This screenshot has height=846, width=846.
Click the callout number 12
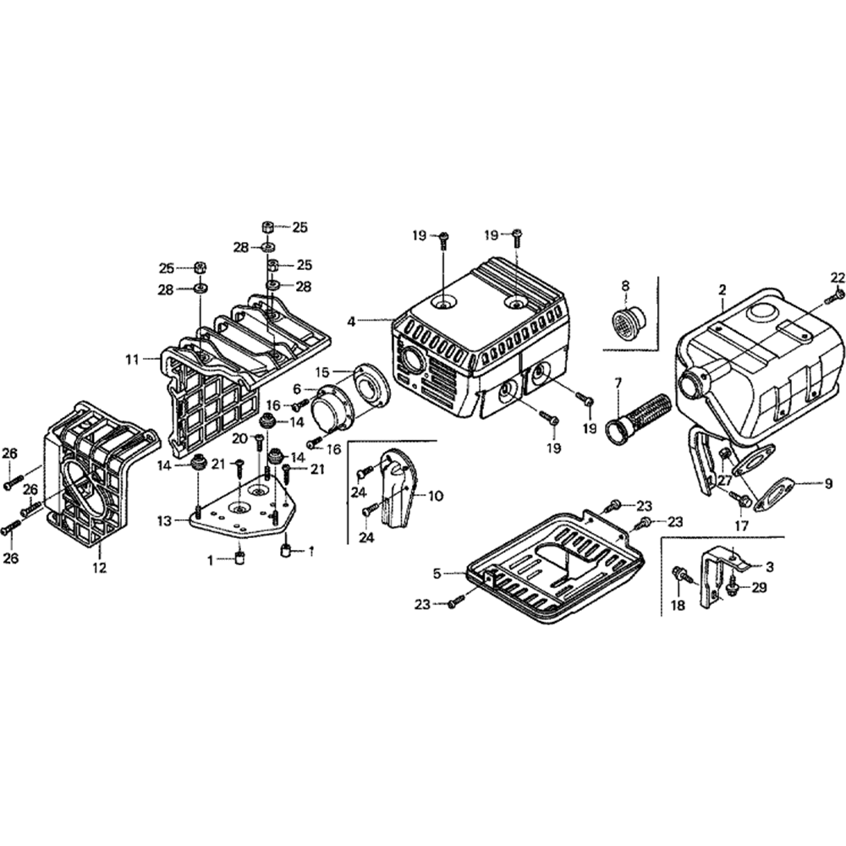tap(100, 567)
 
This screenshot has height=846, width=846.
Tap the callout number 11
tap(133, 359)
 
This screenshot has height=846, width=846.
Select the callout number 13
tap(165, 521)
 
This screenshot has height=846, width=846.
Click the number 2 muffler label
tap(722, 290)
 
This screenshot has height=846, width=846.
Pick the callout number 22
tap(838, 277)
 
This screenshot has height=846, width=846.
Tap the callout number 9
tap(829, 484)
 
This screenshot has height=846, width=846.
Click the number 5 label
tap(437, 573)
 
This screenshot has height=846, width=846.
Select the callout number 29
tap(759, 587)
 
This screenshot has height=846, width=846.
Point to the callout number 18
tap(678, 606)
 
